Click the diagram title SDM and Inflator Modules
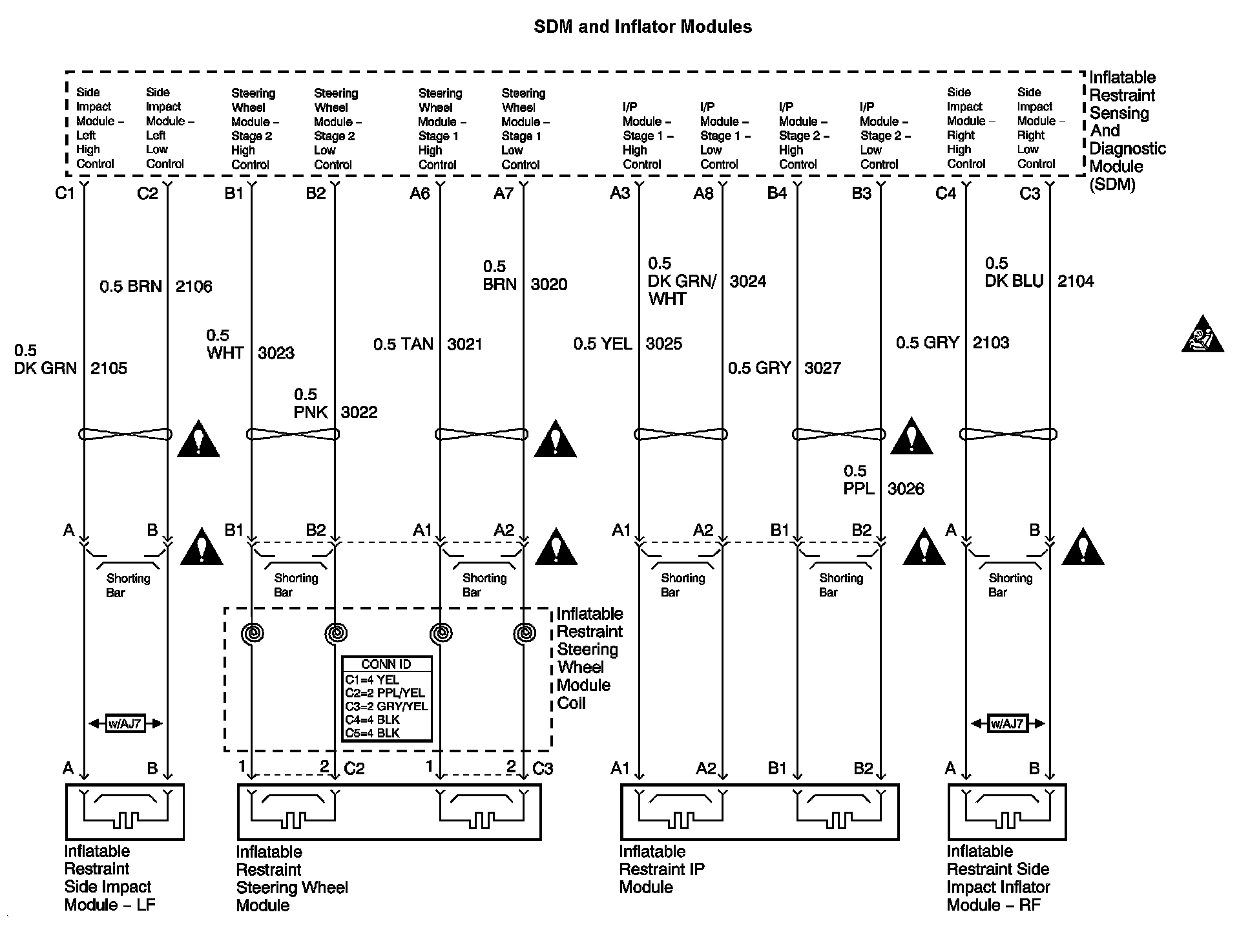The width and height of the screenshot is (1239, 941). pos(642,27)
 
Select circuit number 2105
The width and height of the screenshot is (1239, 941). pos(109,368)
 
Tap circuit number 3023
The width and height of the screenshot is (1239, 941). pos(276,353)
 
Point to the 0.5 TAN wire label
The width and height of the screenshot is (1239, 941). pos(403,344)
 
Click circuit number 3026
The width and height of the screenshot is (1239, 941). pos(906,489)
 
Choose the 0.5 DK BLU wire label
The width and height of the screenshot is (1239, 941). pos(1014,273)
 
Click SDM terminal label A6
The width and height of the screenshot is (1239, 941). pos(419,193)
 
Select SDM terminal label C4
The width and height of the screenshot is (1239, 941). pos(945,193)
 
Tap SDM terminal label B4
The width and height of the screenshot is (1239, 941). pos(776,193)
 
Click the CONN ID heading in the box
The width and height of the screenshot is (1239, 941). pos(386,664)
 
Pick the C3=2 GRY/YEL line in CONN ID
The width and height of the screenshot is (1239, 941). pos(386,706)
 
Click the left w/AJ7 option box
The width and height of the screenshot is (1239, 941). pos(125,723)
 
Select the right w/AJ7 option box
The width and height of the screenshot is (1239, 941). pos(1007,723)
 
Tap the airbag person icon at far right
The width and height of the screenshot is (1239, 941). pos(1202,335)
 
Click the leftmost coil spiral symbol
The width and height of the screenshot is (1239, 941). pos(253,633)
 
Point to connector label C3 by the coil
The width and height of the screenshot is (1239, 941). pos(543,768)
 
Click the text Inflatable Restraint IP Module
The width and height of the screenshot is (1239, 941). pos(661,869)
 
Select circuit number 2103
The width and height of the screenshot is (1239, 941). pos(990,343)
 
